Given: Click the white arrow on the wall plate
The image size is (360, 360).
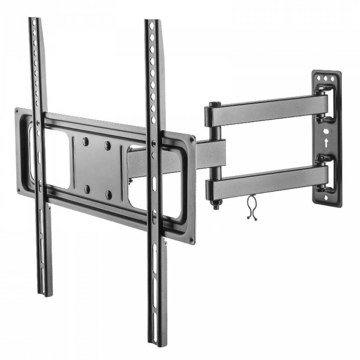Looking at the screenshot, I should tap(327, 142).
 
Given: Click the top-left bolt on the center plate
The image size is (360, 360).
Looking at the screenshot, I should tap(85, 141).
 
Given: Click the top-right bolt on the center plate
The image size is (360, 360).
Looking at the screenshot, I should tap(107, 145).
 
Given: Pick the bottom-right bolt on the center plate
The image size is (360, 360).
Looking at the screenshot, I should tap(108, 195).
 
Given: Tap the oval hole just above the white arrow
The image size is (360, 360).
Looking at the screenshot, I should tap(326, 131).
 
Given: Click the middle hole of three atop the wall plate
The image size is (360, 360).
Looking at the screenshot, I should tap(327, 78).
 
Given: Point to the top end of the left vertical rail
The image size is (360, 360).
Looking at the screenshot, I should tap(34, 20).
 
